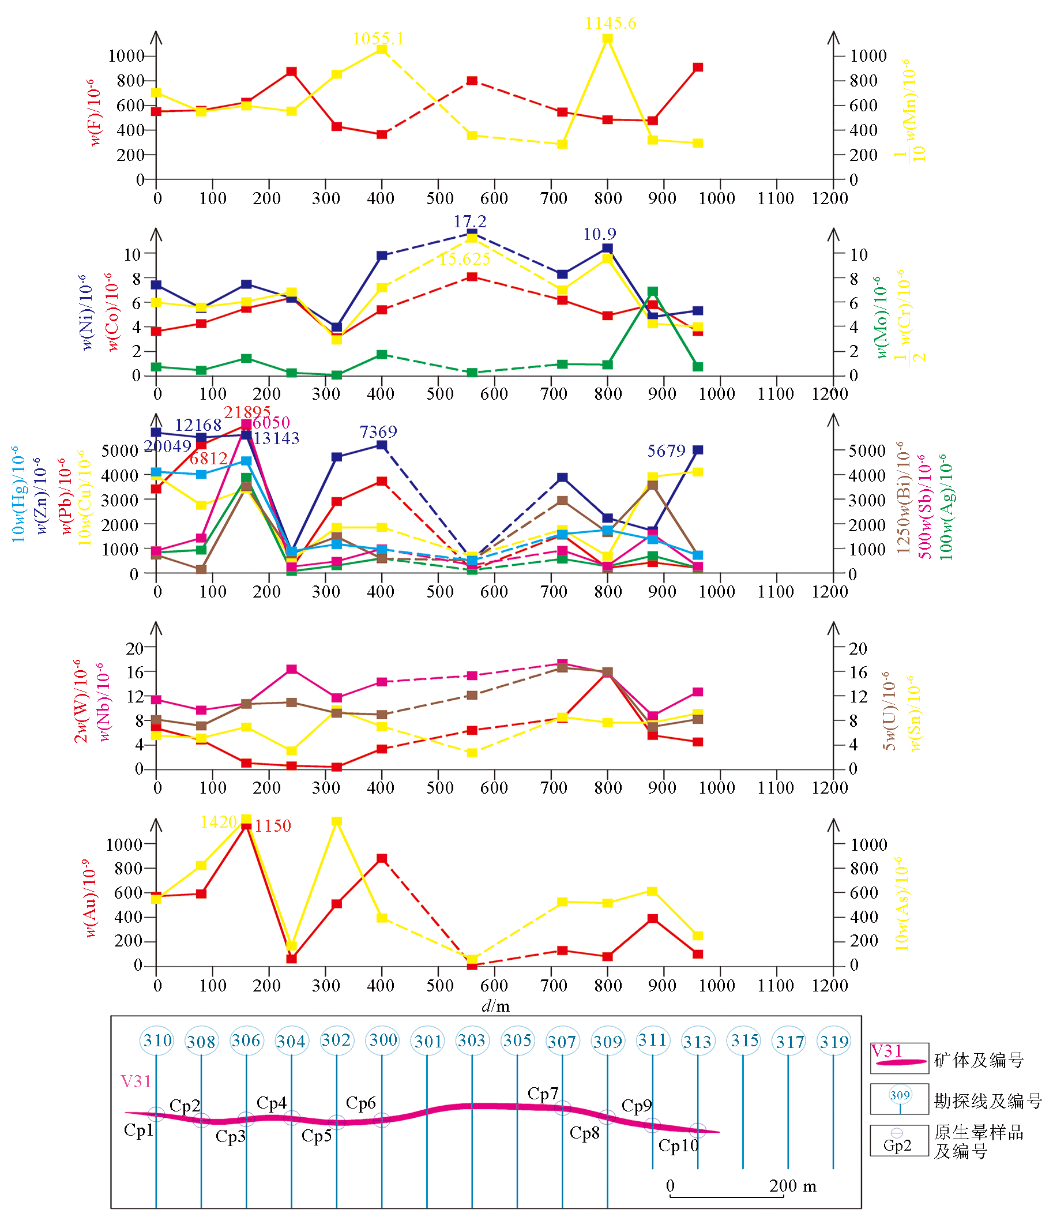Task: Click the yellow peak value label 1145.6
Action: point(610,24)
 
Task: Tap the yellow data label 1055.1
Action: point(378,39)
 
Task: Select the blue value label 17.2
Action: point(469,221)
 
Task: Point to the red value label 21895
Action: point(247,412)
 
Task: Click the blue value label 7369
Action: point(378,432)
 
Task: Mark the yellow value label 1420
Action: point(218,821)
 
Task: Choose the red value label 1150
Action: point(273,825)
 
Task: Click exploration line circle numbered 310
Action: point(157,1041)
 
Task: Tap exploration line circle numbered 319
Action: point(834,1042)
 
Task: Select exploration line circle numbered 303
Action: point(471,1041)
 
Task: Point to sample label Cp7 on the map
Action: point(543,1094)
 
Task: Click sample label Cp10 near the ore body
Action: point(678,1145)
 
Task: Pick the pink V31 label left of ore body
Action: point(136,1081)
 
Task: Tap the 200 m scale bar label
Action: point(792,1186)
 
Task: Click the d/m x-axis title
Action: point(495,1006)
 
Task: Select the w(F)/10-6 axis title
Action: point(94,112)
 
